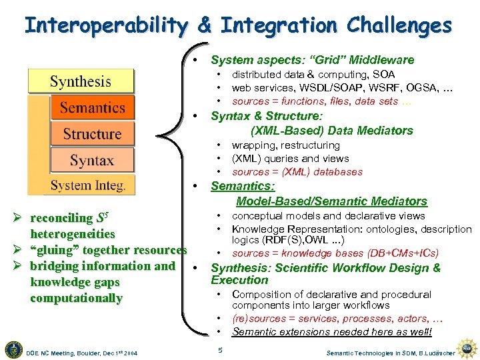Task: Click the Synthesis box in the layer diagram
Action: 81,81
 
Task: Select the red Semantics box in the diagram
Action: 93,107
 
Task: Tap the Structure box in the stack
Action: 92,133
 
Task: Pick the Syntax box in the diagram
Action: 92,160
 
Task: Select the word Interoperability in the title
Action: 107,25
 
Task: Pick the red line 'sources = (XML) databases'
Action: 297,172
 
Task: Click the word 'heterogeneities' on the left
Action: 73,234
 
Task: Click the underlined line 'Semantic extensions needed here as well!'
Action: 331,332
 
